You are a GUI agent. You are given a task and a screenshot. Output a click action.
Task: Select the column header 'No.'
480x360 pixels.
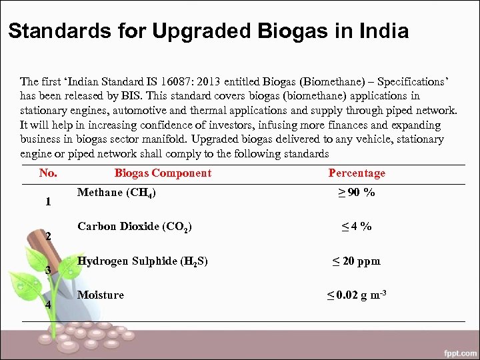48,173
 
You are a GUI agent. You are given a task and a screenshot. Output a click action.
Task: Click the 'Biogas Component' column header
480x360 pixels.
163,173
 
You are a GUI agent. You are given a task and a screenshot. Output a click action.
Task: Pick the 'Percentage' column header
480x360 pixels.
357,173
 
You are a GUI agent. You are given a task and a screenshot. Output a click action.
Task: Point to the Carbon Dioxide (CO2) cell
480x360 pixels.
135,227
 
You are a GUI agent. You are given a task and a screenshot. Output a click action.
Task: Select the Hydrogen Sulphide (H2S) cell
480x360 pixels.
143,261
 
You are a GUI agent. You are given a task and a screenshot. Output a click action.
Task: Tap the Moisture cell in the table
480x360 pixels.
101,295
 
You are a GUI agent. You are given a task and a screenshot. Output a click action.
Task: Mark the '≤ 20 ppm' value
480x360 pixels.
356,261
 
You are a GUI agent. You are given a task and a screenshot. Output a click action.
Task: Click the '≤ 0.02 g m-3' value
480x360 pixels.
356,295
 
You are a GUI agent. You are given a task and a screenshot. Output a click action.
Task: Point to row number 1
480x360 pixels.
48,202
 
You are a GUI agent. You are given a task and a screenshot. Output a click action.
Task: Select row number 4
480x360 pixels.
48,305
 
